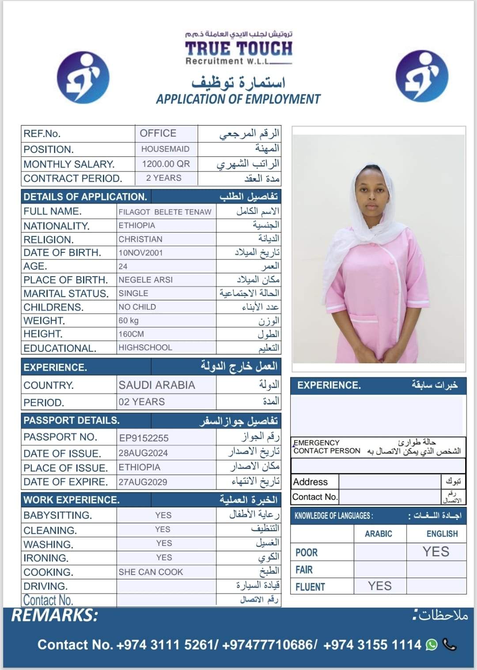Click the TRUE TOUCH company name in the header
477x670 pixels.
click(x=238, y=49)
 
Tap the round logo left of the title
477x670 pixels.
click(x=83, y=77)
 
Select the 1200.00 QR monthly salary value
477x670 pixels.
click(x=166, y=164)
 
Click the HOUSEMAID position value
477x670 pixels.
click(x=165, y=149)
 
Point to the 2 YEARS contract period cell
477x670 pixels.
click(x=164, y=178)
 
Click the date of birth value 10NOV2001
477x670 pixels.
click(x=140, y=253)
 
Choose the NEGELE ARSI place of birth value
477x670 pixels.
click(x=145, y=280)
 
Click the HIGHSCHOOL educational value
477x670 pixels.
click(x=145, y=347)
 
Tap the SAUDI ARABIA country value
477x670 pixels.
click(x=157, y=385)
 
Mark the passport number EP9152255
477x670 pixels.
click(x=144, y=438)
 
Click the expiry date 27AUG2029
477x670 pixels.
click(x=143, y=482)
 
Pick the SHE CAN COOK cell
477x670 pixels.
click(x=151, y=572)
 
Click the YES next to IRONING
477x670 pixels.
click(x=164, y=557)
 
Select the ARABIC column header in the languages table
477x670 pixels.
click(x=379, y=534)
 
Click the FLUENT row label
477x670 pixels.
click(x=310, y=587)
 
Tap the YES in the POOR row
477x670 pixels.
click(x=435, y=552)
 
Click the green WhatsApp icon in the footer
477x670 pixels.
click(x=432, y=645)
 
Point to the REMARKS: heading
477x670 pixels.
click(x=55, y=615)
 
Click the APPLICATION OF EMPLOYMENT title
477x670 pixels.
click(x=238, y=99)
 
